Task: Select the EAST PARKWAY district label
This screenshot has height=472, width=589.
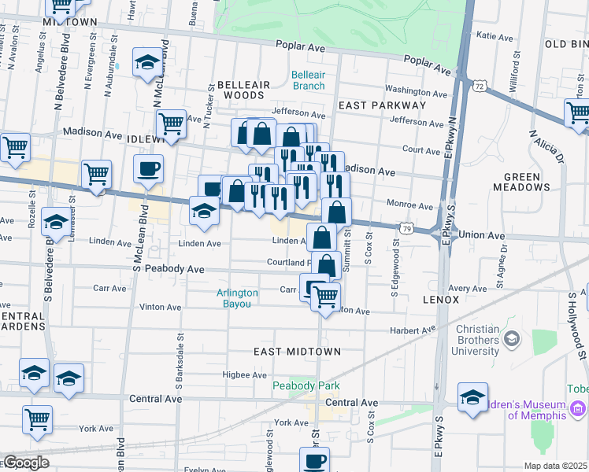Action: click(382, 105)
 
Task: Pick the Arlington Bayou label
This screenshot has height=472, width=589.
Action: click(237, 298)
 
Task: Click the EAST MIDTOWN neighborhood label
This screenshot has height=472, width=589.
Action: click(297, 351)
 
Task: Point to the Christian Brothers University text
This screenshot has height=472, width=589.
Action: click(469, 340)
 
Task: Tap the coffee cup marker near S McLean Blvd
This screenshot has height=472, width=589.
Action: click(148, 168)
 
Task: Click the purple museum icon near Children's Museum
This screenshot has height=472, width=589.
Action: click(579, 407)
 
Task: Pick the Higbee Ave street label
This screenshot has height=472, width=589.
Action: click(246, 374)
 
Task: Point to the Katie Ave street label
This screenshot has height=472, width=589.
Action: click(495, 35)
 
